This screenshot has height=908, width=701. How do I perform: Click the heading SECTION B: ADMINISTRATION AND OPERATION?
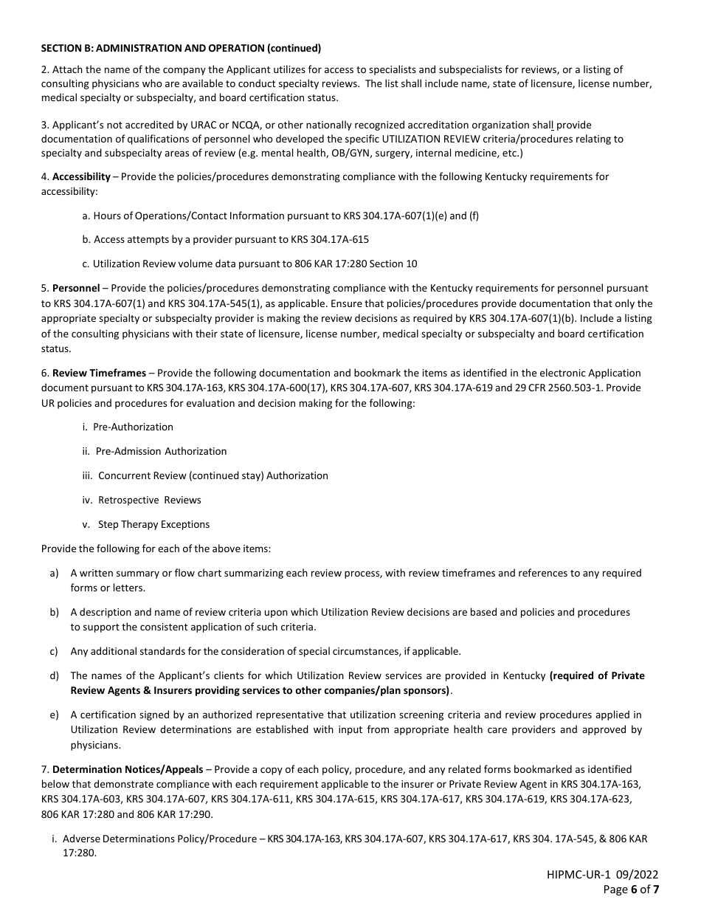[x=181, y=49]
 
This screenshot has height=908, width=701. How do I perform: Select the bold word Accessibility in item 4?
[x=81, y=177]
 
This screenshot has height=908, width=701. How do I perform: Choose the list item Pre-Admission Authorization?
[x=161, y=451]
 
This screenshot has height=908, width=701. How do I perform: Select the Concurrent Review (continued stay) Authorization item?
[x=213, y=475]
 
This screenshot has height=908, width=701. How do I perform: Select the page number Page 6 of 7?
[x=631, y=890]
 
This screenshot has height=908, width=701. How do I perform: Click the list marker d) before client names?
[x=54, y=675]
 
